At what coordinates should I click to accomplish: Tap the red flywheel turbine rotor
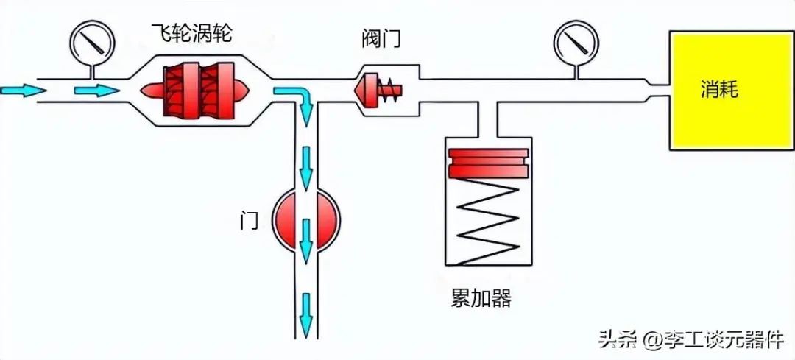(198, 90)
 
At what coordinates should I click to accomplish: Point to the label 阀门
(381, 38)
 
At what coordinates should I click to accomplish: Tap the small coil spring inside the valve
(391, 91)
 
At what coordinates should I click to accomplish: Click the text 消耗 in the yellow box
(718, 90)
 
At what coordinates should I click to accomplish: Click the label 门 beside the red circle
(250, 219)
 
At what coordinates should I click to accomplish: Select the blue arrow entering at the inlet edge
(22, 90)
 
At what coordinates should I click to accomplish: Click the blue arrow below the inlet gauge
(96, 90)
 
